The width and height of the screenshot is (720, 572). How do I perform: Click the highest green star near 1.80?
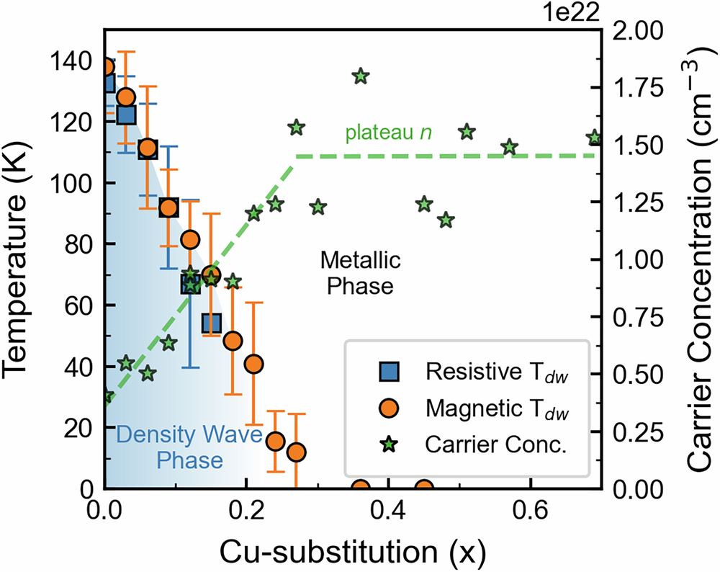point(361,76)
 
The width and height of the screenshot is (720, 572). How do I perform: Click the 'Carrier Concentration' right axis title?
point(698,259)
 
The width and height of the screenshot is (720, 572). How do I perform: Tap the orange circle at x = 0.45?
point(425,488)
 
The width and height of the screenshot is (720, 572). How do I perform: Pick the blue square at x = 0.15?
point(211,323)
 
